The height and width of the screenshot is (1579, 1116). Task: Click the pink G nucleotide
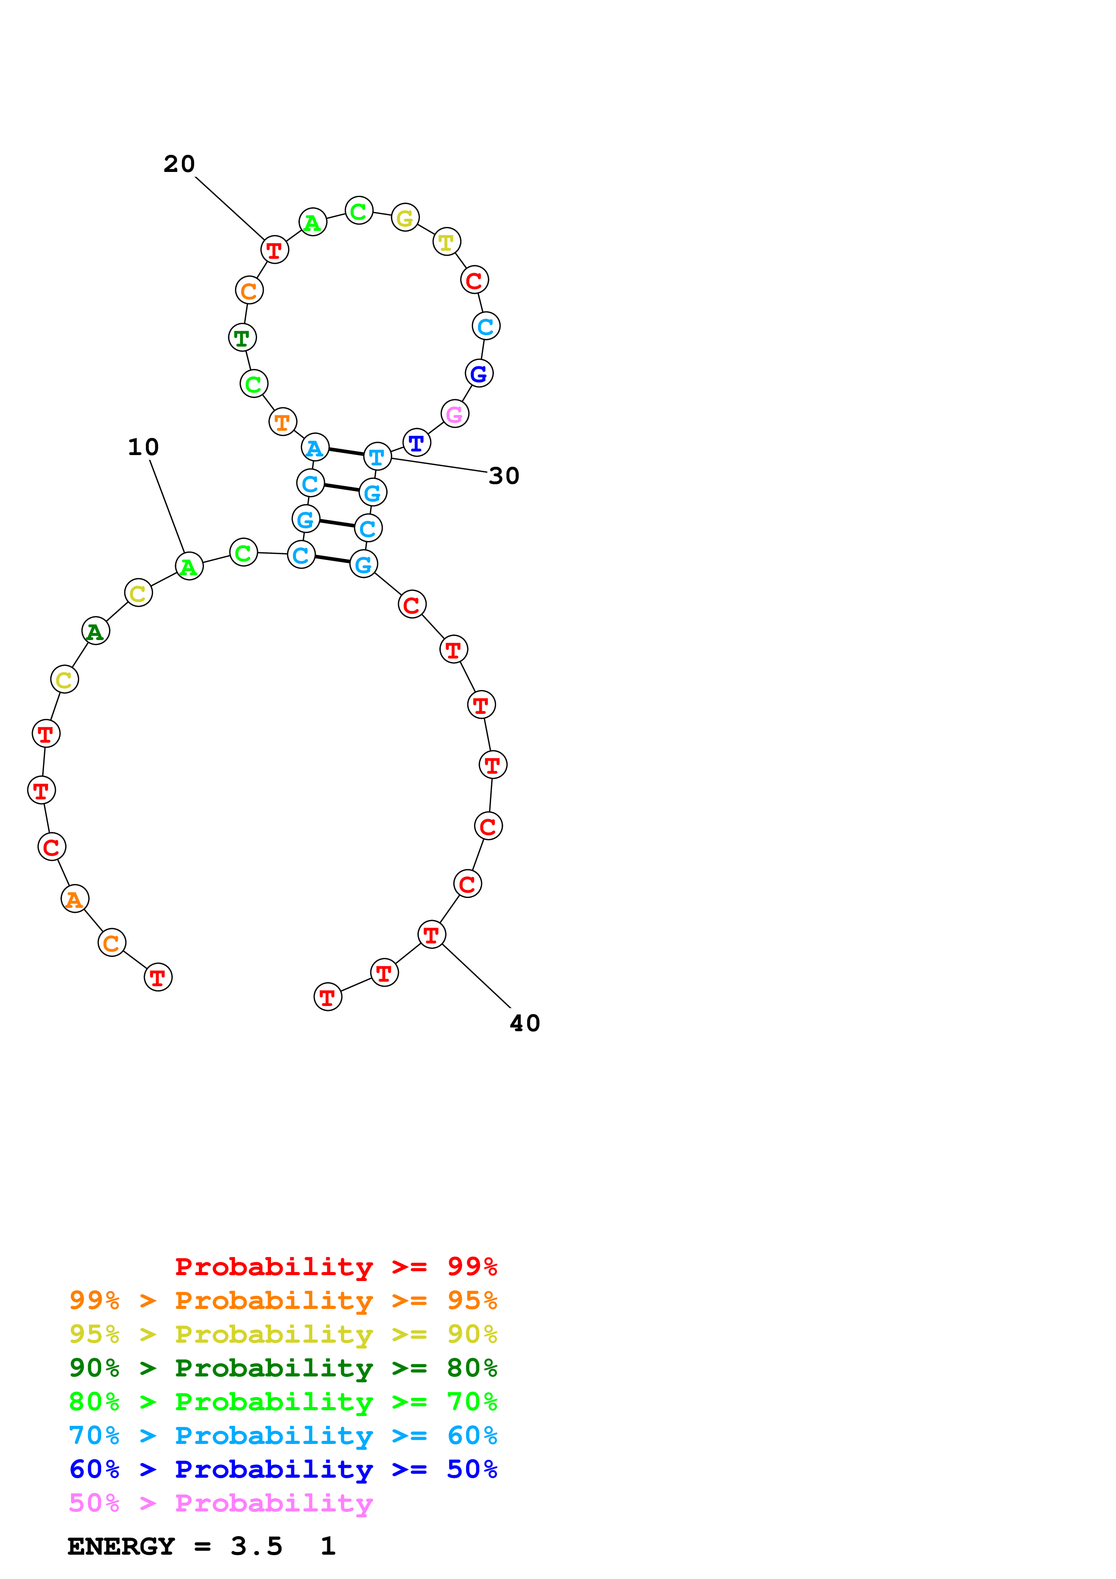click(x=455, y=414)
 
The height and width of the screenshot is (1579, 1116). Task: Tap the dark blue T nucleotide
click(x=416, y=443)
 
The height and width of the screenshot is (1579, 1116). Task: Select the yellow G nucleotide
click(x=405, y=218)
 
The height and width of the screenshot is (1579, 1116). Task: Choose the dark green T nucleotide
click(x=242, y=338)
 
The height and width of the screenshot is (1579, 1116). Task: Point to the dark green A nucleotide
click(x=95, y=632)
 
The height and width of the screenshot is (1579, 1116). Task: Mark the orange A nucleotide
click(x=75, y=899)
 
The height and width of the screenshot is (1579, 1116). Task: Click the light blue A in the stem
click(x=315, y=448)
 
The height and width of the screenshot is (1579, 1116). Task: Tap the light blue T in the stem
click(x=377, y=457)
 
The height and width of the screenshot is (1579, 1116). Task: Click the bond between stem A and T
click(x=346, y=452)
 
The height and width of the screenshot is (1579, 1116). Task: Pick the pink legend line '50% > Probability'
click(x=221, y=1502)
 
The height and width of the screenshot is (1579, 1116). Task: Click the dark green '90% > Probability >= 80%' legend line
click(x=283, y=1368)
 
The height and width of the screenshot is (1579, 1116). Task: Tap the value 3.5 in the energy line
click(x=257, y=1546)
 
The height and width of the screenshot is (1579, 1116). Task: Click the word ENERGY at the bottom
click(x=121, y=1546)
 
